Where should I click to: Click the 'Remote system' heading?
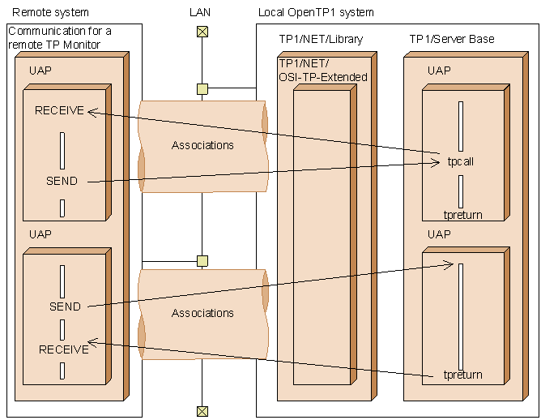pos(50,12)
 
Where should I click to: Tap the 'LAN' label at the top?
pos(200,12)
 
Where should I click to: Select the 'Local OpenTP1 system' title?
pos(316,13)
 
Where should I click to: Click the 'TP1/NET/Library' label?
pos(321,39)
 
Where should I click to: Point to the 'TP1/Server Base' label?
pos(452,39)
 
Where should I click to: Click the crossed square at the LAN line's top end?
pos(202,32)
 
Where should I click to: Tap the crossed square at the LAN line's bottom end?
pos(202,411)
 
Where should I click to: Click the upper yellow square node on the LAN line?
pos(202,89)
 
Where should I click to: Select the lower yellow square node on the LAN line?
pos(202,261)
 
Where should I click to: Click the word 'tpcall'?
pos(460,161)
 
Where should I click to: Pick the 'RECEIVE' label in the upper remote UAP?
pos(59,110)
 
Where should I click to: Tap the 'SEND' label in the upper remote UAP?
pos(62,181)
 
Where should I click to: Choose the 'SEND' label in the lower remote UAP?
pos(65,306)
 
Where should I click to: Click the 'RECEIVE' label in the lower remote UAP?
pos(64,349)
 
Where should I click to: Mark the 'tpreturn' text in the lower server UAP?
pos(462,375)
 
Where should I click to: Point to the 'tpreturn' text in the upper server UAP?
pos(462,215)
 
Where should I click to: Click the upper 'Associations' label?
pos(202,145)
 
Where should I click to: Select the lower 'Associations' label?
pos(202,313)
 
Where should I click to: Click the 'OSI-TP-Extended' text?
pos(323,77)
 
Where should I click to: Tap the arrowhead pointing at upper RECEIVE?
pos(92,112)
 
